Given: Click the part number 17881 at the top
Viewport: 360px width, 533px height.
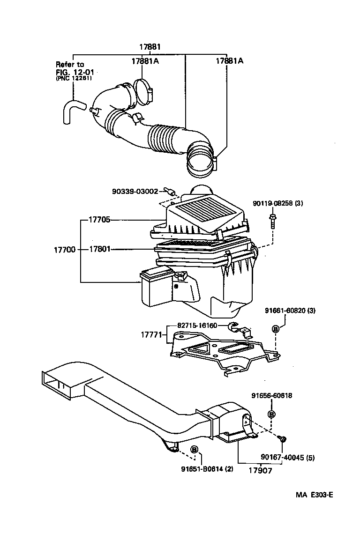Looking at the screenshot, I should pyautogui.click(x=150, y=47).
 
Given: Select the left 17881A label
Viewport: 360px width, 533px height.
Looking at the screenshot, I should pyautogui.click(x=145, y=61).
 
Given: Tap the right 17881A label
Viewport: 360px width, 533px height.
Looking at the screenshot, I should pyautogui.click(x=229, y=61).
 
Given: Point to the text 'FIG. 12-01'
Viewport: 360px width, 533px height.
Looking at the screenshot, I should pyautogui.click(x=72, y=72).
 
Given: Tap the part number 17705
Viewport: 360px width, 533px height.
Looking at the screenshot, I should pyautogui.click(x=100, y=220).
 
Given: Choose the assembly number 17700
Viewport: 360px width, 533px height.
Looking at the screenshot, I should pyautogui.click(x=64, y=250).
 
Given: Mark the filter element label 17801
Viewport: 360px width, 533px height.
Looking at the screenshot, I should pyautogui.click(x=100, y=250).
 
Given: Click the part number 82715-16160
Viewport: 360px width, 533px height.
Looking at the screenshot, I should pyautogui.click(x=197, y=325).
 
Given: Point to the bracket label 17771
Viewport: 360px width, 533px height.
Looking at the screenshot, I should pyautogui.click(x=151, y=335).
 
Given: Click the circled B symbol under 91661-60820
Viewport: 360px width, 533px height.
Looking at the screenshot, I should pyautogui.click(x=276, y=329).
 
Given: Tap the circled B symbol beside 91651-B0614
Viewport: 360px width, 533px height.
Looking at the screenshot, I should pyautogui.click(x=194, y=450).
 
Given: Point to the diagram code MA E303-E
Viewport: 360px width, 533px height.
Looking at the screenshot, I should pyautogui.click(x=314, y=495).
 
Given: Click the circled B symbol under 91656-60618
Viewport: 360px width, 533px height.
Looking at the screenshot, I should pyautogui.click(x=271, y=414).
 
